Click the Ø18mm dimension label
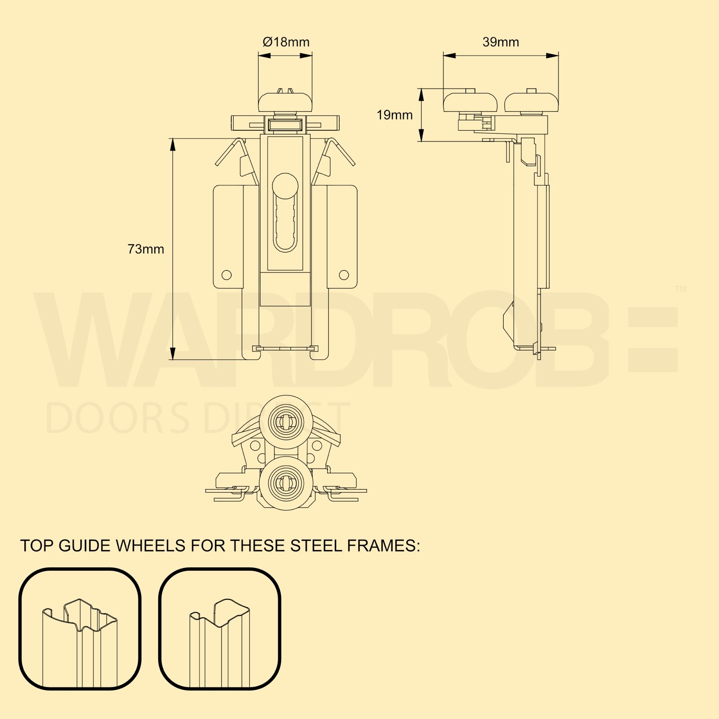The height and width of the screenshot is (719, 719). (286, 42)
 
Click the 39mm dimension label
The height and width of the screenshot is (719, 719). (501, 42)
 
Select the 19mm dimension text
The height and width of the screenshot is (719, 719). (394, 115)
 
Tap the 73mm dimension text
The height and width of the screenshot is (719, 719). (146, 249)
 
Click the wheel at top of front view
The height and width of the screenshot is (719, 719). (285, 102)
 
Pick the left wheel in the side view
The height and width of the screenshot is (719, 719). (470, 102)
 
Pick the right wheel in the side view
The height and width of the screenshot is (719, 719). (531, 102)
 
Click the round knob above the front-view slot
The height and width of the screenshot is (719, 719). (285, 184)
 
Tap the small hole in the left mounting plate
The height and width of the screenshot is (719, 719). (226, 275)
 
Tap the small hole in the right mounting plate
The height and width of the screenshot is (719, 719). (344, 275)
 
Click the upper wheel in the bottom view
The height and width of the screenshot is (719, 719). (286, 422)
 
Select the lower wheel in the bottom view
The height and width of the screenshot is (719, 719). (286, 484)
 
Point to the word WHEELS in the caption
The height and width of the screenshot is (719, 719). (151, 546)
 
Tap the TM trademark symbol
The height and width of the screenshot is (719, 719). (680, 289)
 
